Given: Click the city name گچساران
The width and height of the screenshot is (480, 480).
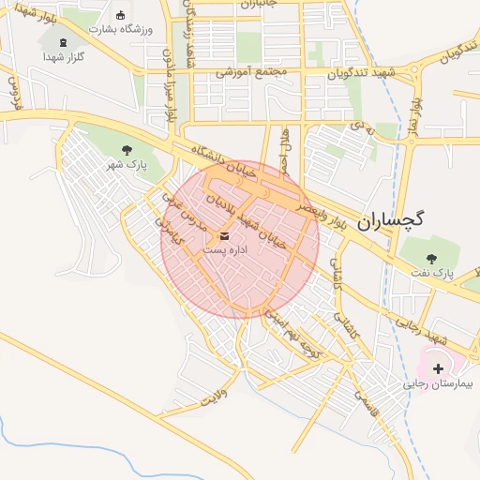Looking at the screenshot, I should (392, 219).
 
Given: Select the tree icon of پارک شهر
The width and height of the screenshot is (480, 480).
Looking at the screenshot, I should (127, 150).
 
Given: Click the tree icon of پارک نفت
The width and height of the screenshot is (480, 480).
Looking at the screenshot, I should (431, 258).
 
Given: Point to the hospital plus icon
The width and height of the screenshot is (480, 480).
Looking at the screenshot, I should (438, 368).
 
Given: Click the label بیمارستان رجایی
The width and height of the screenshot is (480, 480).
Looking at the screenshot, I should (439, 384).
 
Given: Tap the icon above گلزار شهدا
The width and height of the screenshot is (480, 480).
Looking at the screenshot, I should (64, 42).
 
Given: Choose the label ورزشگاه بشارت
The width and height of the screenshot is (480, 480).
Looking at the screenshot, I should (120, 29).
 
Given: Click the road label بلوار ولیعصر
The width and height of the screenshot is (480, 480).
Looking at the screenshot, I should (330, 212).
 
